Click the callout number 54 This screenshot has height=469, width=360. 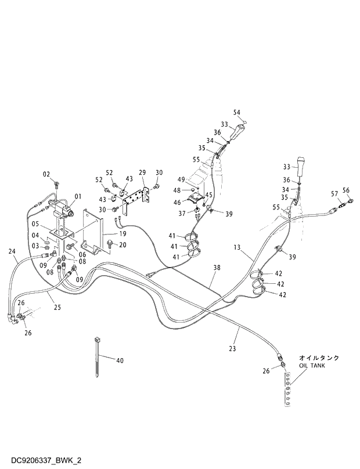(236, 112)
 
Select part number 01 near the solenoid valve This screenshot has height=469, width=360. (78, 196)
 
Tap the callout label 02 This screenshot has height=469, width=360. (47, 174)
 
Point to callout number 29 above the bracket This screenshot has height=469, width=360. (142, 172)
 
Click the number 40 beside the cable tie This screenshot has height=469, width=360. (120, 360)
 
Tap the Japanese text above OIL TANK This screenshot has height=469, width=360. (319, 358)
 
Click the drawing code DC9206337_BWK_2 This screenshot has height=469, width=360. (42, 460)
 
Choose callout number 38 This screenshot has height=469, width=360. (217, 268)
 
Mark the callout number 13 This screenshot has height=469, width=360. (237, 248)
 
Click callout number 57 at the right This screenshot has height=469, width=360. (334, 193)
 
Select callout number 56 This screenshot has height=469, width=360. (346, 190)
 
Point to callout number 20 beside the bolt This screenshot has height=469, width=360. (123, 245)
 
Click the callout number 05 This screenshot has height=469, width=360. (35, 224)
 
